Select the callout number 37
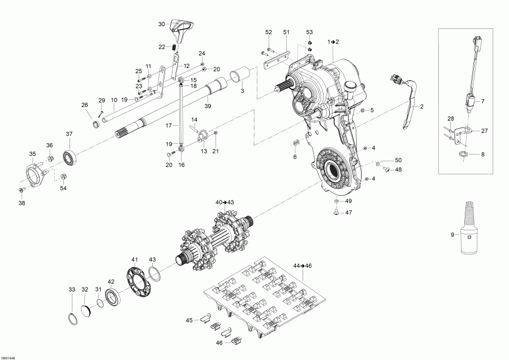click(x=70, y=134)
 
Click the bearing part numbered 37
click(x=70, y=158)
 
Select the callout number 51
click(x=286, y=32)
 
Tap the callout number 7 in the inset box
click(x=482, y=101)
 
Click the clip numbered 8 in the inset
click(x=462, y=154)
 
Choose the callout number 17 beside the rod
click(x=168, y=125)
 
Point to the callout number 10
click(x=114, y=98)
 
